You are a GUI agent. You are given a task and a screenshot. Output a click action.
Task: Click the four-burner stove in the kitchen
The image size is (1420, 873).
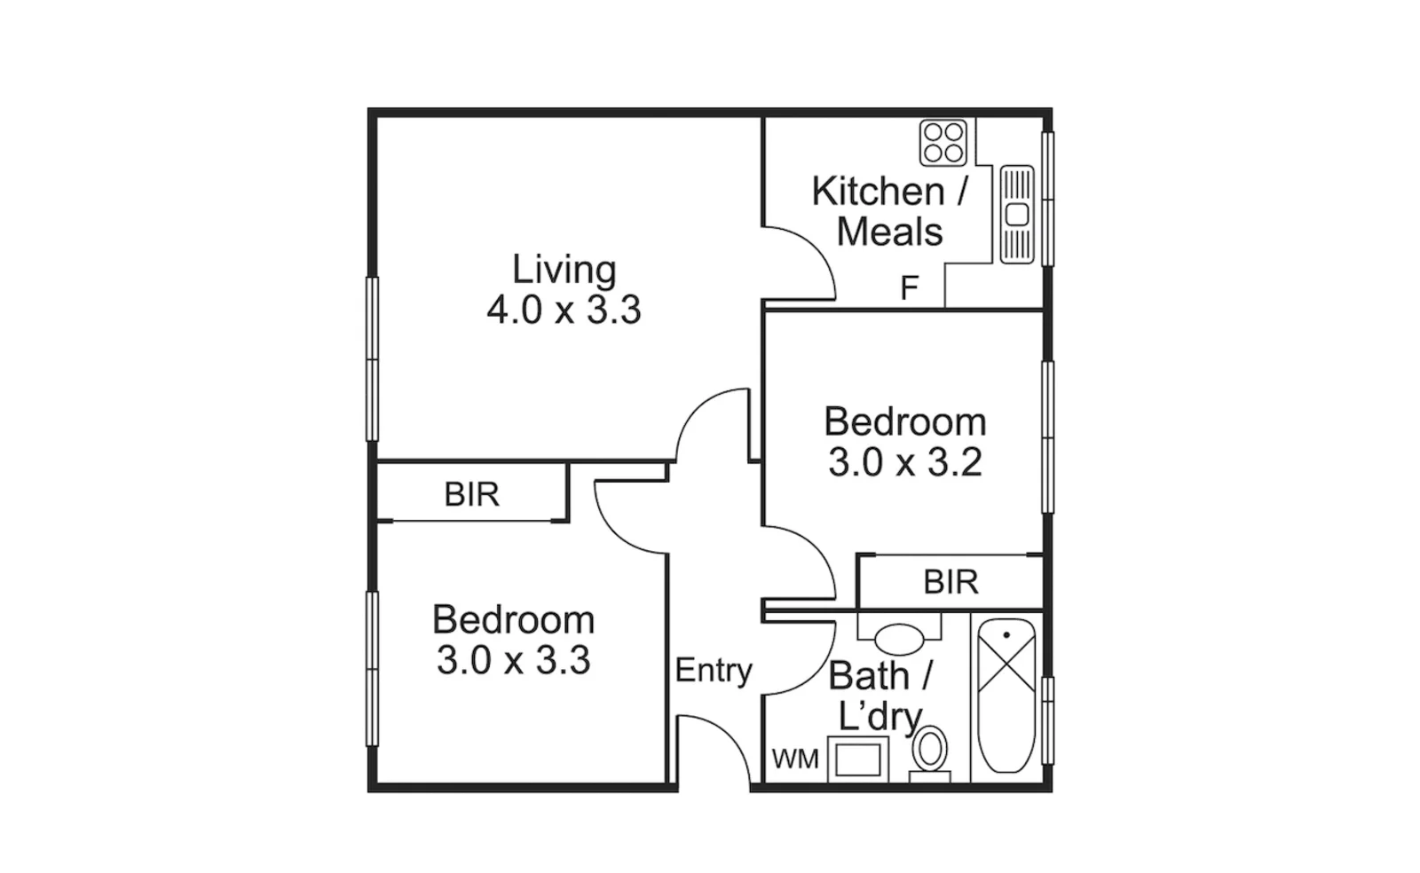point(943,143)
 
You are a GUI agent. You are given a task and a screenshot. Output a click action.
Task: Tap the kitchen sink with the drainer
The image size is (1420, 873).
point(1017,214)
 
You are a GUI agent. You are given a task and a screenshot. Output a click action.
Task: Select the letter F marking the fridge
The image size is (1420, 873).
point(909,288)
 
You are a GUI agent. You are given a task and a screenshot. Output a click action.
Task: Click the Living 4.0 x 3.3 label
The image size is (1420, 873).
point(564,290)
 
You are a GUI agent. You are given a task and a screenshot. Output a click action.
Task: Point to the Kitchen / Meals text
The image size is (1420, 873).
point(889,211)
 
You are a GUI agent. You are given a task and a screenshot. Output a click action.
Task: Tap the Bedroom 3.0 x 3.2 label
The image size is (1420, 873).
point(904,442)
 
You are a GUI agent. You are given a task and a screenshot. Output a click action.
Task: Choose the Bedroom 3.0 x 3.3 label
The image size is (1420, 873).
point(513,640)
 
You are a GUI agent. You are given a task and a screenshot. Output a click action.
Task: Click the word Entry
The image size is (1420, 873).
point(713,670)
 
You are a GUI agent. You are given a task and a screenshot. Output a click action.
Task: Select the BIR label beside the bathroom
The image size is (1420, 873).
point(951,582)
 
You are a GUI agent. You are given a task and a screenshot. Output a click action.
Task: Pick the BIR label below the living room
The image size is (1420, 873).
point(471,494)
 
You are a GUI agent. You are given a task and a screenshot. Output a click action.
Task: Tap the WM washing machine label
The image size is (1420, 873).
point(794,759)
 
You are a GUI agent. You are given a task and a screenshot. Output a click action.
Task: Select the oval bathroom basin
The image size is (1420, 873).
point(899,638)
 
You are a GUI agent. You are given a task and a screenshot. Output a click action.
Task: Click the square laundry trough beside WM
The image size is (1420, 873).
point(857,760)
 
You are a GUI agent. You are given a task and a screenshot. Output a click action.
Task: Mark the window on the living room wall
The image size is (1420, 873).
point(373,358)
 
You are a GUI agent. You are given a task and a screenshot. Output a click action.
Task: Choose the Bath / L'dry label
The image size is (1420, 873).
point(880,696)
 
